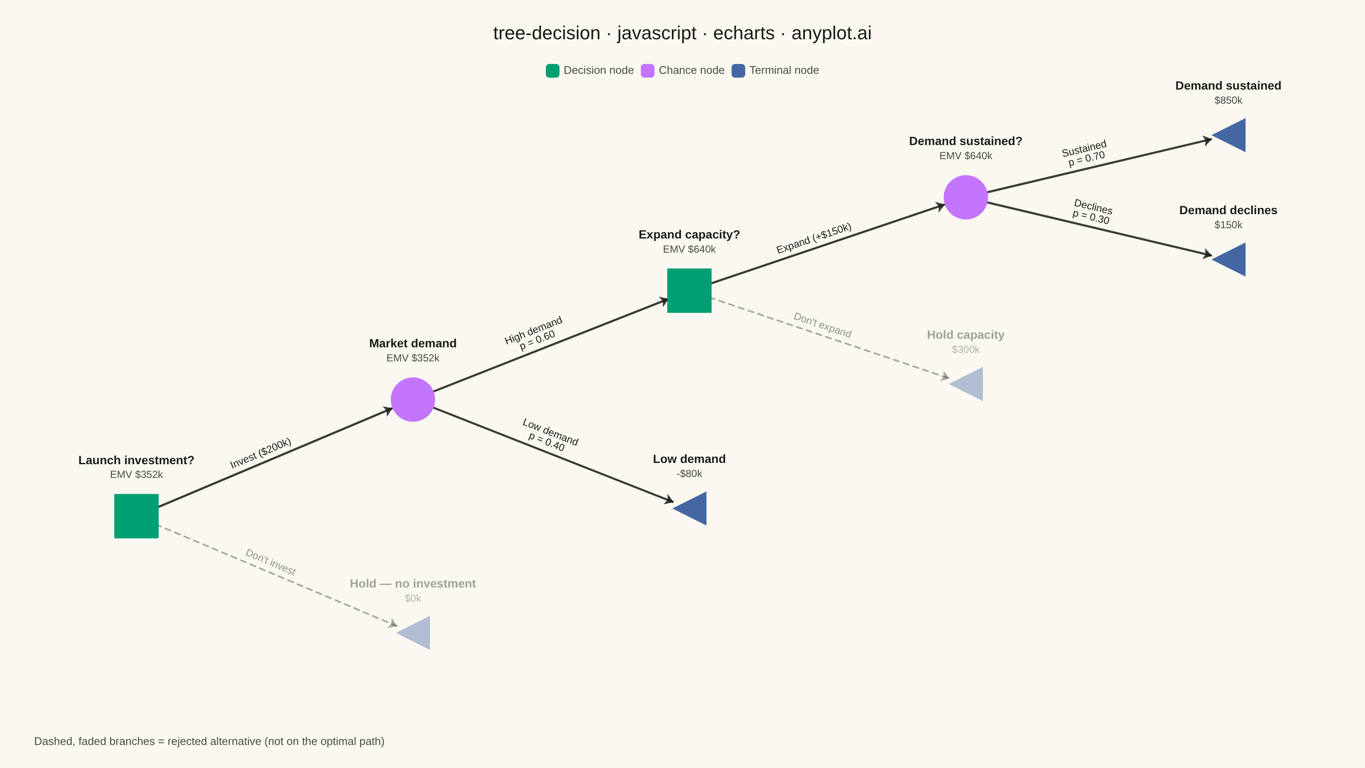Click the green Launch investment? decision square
[136, 516]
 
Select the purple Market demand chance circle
[413, 400]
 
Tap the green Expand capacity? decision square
[689, 291]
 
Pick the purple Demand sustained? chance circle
[965, 197]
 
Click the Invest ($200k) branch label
[261, 453]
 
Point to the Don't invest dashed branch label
[270, 562]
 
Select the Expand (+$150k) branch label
[814, 238]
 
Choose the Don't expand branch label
[822, 325]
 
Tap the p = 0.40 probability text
[546, 442]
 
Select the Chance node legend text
[691, 70]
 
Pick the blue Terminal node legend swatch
[738, 70]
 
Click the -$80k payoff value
[689, 473]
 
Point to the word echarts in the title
[743, 33]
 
